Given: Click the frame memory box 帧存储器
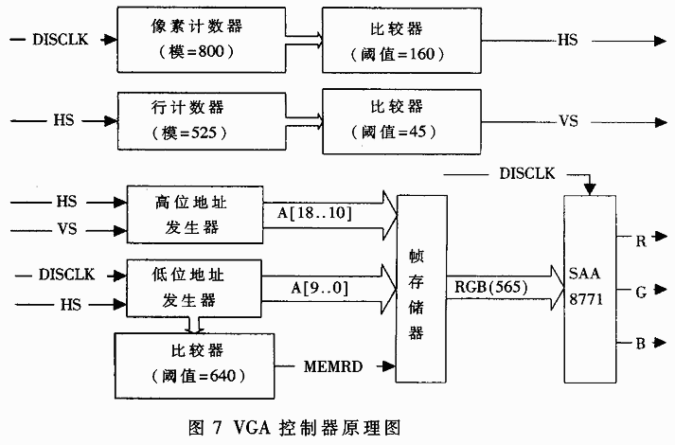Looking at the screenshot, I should coord(422,287).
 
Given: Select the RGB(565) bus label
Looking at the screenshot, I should coord(493,285).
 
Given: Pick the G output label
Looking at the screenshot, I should coord(641,292).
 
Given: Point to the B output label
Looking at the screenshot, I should coord(641,343).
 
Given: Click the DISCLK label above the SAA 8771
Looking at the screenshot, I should coord(526,174).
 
